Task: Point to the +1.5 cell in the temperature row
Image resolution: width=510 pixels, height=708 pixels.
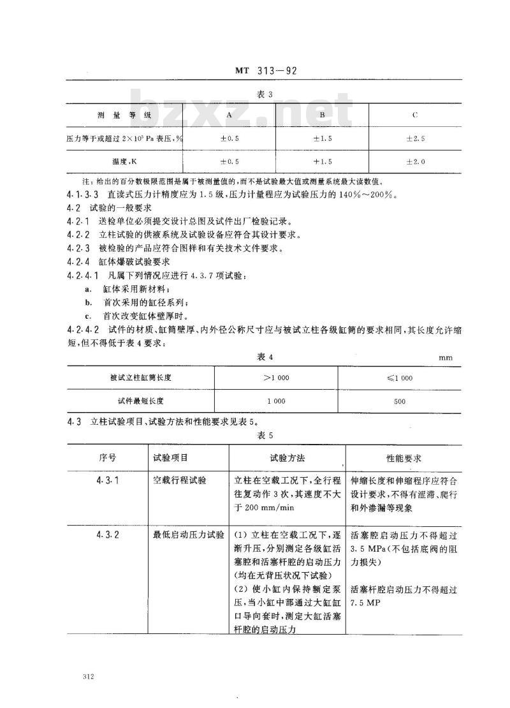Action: (322, 162)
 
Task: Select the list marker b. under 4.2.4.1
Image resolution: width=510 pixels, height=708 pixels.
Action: (89, 302)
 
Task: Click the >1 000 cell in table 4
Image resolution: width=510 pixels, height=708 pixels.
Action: (276, 377)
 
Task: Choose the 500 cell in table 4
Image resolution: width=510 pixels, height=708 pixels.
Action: (400, 401)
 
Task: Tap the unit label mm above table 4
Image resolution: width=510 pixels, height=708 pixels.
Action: (445, 358)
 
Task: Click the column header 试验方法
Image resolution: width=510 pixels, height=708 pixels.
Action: (288, 458)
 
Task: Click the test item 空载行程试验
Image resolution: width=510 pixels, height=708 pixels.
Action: (175, 480)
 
